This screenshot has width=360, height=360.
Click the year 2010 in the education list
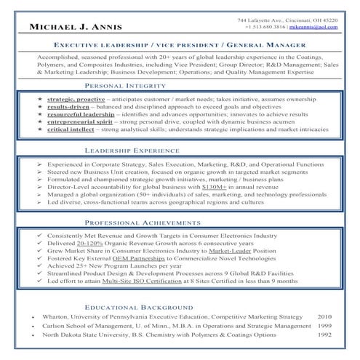click(x=325, y=318)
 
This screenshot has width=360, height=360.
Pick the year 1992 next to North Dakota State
click(x=325, y=335)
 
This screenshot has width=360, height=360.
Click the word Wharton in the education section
click(x=56, y=318)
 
